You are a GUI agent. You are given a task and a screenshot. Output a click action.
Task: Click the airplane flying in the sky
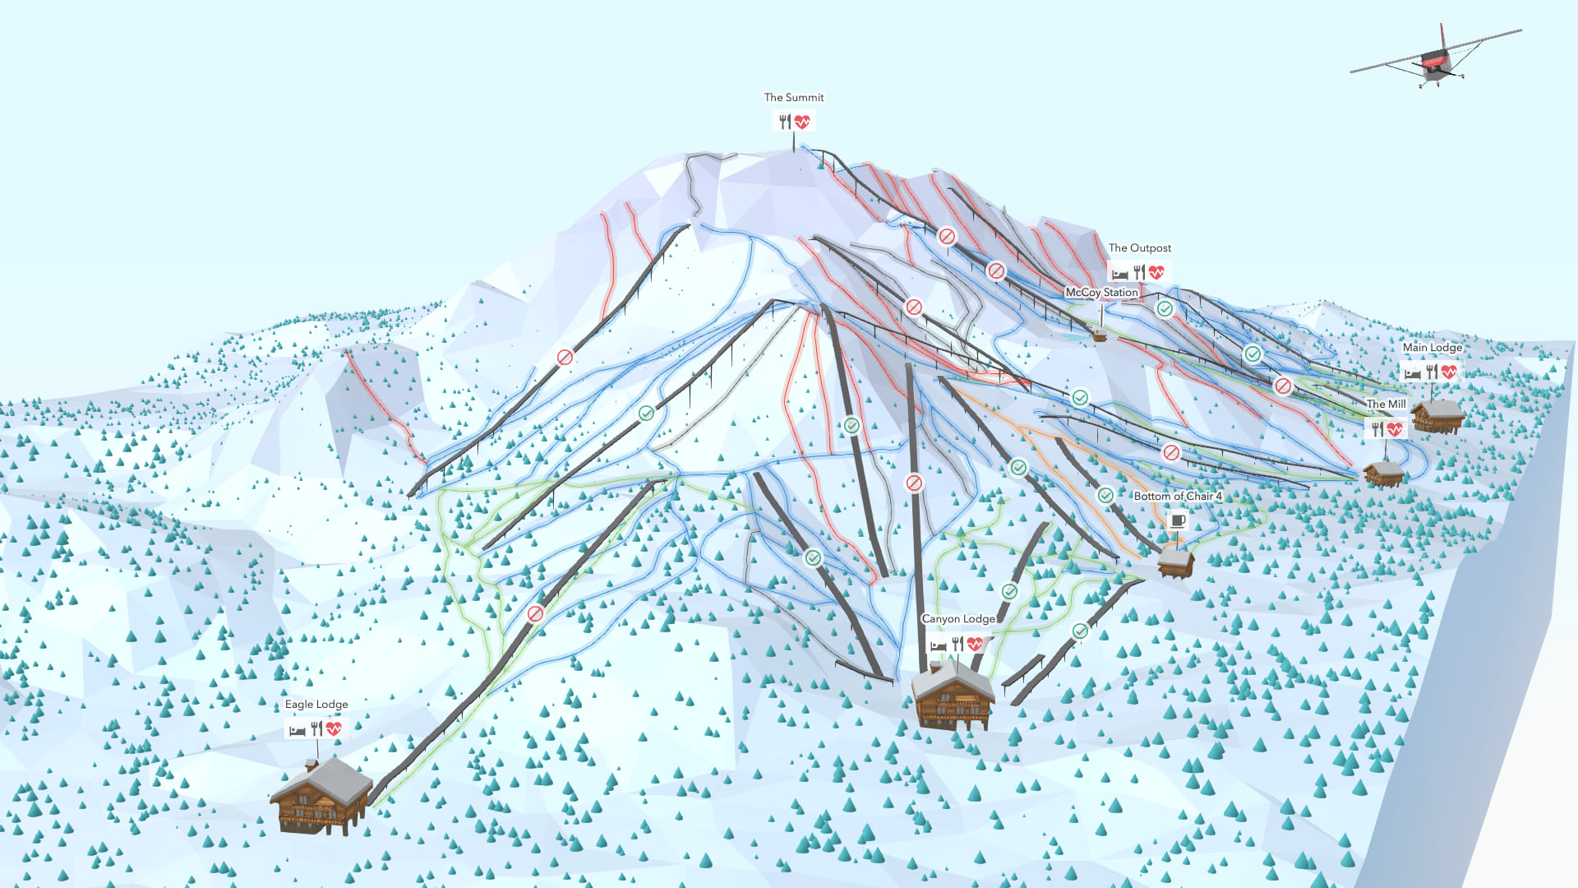pos(1435,60)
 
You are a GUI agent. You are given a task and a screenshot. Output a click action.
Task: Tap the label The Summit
pos(793,97)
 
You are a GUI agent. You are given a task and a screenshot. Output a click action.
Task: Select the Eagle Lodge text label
pos(316,705)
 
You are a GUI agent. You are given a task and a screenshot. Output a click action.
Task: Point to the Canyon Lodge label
pos(958,619)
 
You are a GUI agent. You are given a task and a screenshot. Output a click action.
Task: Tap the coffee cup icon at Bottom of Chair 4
pos(1177,520)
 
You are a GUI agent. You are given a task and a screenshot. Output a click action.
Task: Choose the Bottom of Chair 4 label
pos(1177,497)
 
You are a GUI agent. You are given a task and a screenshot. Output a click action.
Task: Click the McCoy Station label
pos(1101,293)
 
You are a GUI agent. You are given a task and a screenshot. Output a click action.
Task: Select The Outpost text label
pos(1139,248)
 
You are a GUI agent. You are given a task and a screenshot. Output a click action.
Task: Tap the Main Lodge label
pos(1433,348)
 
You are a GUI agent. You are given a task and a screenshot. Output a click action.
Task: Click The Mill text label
pos(1386,405)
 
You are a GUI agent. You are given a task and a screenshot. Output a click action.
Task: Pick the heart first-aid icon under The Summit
pos(802,123)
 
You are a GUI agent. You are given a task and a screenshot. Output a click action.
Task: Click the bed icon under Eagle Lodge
pos(298,729)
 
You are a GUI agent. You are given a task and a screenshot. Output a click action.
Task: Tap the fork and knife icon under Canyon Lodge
pos(957,644)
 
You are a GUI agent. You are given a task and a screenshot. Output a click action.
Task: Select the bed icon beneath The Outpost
pos(1119,273)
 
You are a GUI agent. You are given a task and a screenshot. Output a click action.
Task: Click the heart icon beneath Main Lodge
pos(1449,372)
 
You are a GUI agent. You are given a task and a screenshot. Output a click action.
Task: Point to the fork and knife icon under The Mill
pos(1377,429)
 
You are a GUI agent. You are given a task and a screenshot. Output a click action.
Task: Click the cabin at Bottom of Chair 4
pos(1175,562)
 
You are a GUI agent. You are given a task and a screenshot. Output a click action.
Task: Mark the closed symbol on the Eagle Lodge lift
pos(535,614)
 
